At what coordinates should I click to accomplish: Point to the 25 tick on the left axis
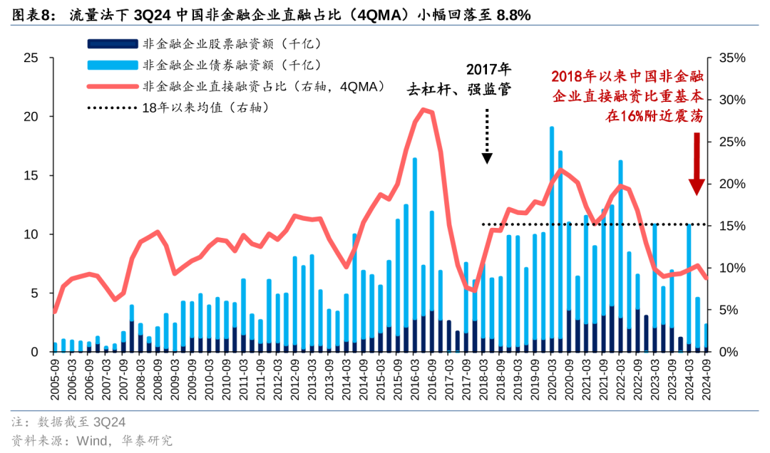[30, 58]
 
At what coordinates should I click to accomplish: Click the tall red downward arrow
[697, 164]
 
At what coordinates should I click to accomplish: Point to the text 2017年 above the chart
[488, 70]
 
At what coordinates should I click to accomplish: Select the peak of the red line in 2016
[424, 109]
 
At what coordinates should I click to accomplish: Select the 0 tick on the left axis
[34, 352]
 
